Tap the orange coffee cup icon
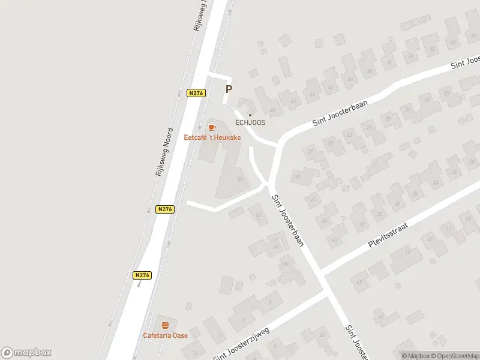coord(211,127)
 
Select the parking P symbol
coord(229,89)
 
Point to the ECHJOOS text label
coord(250,122)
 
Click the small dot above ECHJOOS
coord(250,115)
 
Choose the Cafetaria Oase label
coord(165,335)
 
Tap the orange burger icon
coord(165,325)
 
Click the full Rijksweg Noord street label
coord(164,152)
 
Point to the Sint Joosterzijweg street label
coord(242,344)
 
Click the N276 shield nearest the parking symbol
coord(196,93)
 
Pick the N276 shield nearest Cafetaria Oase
coord(142,275)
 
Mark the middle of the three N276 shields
coord(165,209)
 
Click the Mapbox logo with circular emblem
coord(26,353)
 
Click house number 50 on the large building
coord(241,179)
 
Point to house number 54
coord(276,247)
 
